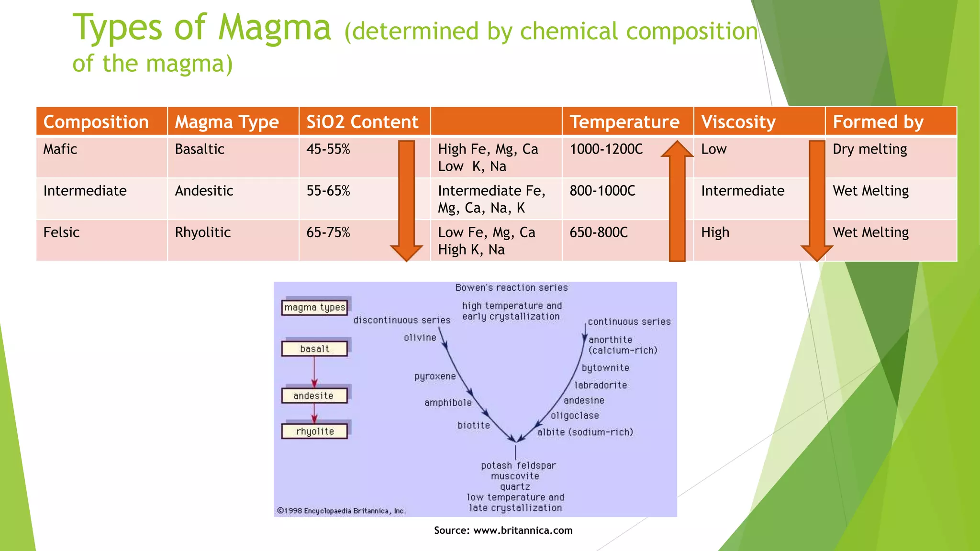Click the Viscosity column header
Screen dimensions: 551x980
738,122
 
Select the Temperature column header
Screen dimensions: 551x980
624,122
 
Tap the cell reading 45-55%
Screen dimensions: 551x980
328,149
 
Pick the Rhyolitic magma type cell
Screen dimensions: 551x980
203,232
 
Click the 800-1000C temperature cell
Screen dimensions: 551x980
602,191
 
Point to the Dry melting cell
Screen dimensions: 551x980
869,149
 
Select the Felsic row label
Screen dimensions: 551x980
61,232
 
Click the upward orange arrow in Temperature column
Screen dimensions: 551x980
677,201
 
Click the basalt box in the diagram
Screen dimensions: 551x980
314,349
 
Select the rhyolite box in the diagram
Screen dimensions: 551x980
314,431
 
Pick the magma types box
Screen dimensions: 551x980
314,307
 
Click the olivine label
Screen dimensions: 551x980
420,338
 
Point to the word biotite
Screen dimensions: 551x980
473,425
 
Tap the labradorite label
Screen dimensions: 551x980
601,385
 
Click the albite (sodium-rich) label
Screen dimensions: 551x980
585,432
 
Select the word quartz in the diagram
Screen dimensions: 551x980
515,487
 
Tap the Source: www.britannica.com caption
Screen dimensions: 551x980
503,530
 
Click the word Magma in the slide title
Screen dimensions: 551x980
274,28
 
